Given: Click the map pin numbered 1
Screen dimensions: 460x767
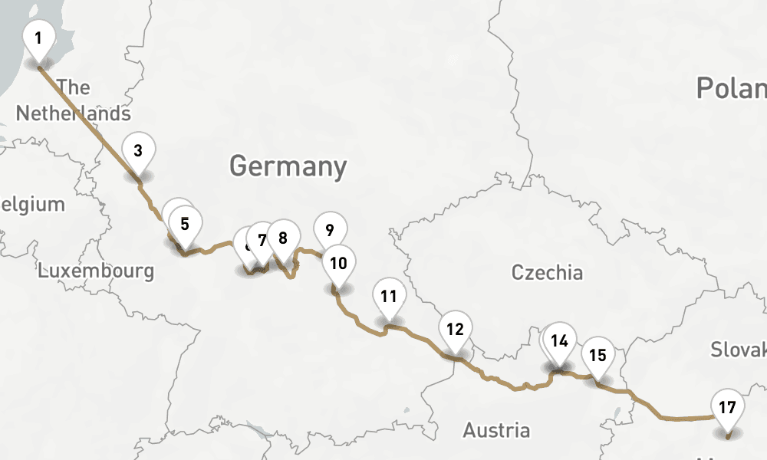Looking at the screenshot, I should click(x=38, y=37).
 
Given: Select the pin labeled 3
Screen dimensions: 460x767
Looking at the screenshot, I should click(x=138, y=149).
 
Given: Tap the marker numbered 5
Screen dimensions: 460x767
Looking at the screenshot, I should click(x=185, y=224).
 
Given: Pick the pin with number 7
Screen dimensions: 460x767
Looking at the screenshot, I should click(x=262, y=240).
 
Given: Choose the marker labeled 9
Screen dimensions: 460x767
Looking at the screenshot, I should click(x=330, y=229).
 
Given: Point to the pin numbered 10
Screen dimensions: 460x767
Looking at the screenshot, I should click(x=338, y=263).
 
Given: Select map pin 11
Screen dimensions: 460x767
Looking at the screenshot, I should click(x=389, y=295).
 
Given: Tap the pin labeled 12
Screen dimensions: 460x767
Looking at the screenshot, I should click(x=456, y=329).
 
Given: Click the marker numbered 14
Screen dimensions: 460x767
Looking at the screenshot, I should click(x=561, y=340).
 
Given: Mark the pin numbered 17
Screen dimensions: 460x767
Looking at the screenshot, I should click(x=727, y=407).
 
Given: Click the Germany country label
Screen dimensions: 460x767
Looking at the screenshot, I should click(x=288, y=166).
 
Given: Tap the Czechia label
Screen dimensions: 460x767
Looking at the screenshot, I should click(x=547, y=272).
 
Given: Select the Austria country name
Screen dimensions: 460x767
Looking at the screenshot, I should click(x=495, y=430).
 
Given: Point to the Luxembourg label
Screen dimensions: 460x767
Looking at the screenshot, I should click(x=96, y=271).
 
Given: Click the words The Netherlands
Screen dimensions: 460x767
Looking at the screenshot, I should click(x=73, y=100).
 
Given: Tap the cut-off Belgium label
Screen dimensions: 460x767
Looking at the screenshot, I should click(x=32, y=205).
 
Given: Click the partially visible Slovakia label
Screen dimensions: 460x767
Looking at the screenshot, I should click(x=738, y=350).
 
